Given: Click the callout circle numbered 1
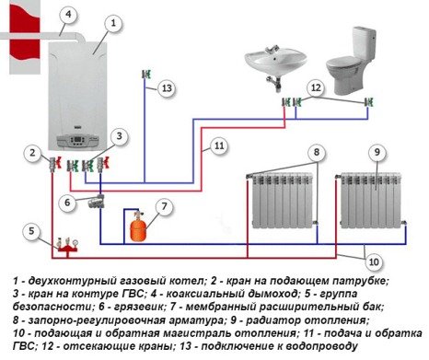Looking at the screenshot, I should point(111,21).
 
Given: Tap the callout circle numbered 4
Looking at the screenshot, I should point(70,14).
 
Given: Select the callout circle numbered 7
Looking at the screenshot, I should point(164,205).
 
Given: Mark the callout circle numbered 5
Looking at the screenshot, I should point(31,229).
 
